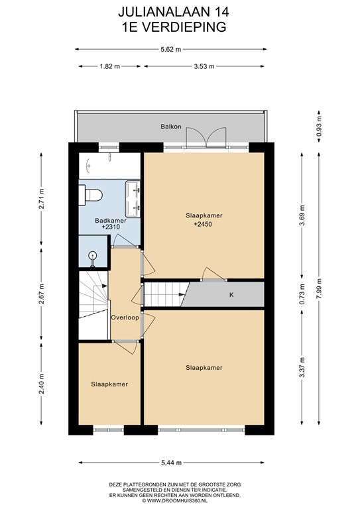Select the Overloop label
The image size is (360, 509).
pyautogui.click(x=124, y=317)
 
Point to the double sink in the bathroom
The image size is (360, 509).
pyautogui.click(x=138, y=198)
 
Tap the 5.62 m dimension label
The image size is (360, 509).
pyautogui.click(x=170, y=48)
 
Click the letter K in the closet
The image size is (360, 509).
pyautogui.click(x=231, y=294)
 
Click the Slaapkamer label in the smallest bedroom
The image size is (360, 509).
pyautogui.click(x=109, y=384)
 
